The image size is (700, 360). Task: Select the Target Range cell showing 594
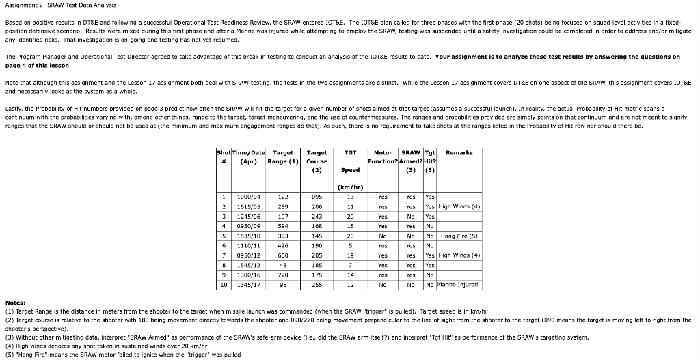(x=282, y=225)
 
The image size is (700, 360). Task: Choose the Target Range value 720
(x=282, y=275)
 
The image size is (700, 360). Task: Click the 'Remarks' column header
(x=459, y=152)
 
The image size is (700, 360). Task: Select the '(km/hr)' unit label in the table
(x=349, y=186)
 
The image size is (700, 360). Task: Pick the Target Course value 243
(x=317, y=216)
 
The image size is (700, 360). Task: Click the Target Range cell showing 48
(x=282, y=264)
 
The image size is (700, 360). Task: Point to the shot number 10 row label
(x=224, y=284)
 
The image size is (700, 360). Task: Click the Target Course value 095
(x=317, y=196)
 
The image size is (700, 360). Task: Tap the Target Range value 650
(x=282, y=255)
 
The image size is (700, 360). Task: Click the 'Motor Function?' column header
(x=383, y=157)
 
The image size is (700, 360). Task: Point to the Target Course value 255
(x=317, y=284)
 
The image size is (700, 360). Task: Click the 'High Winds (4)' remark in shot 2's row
(x=459, y=206)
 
